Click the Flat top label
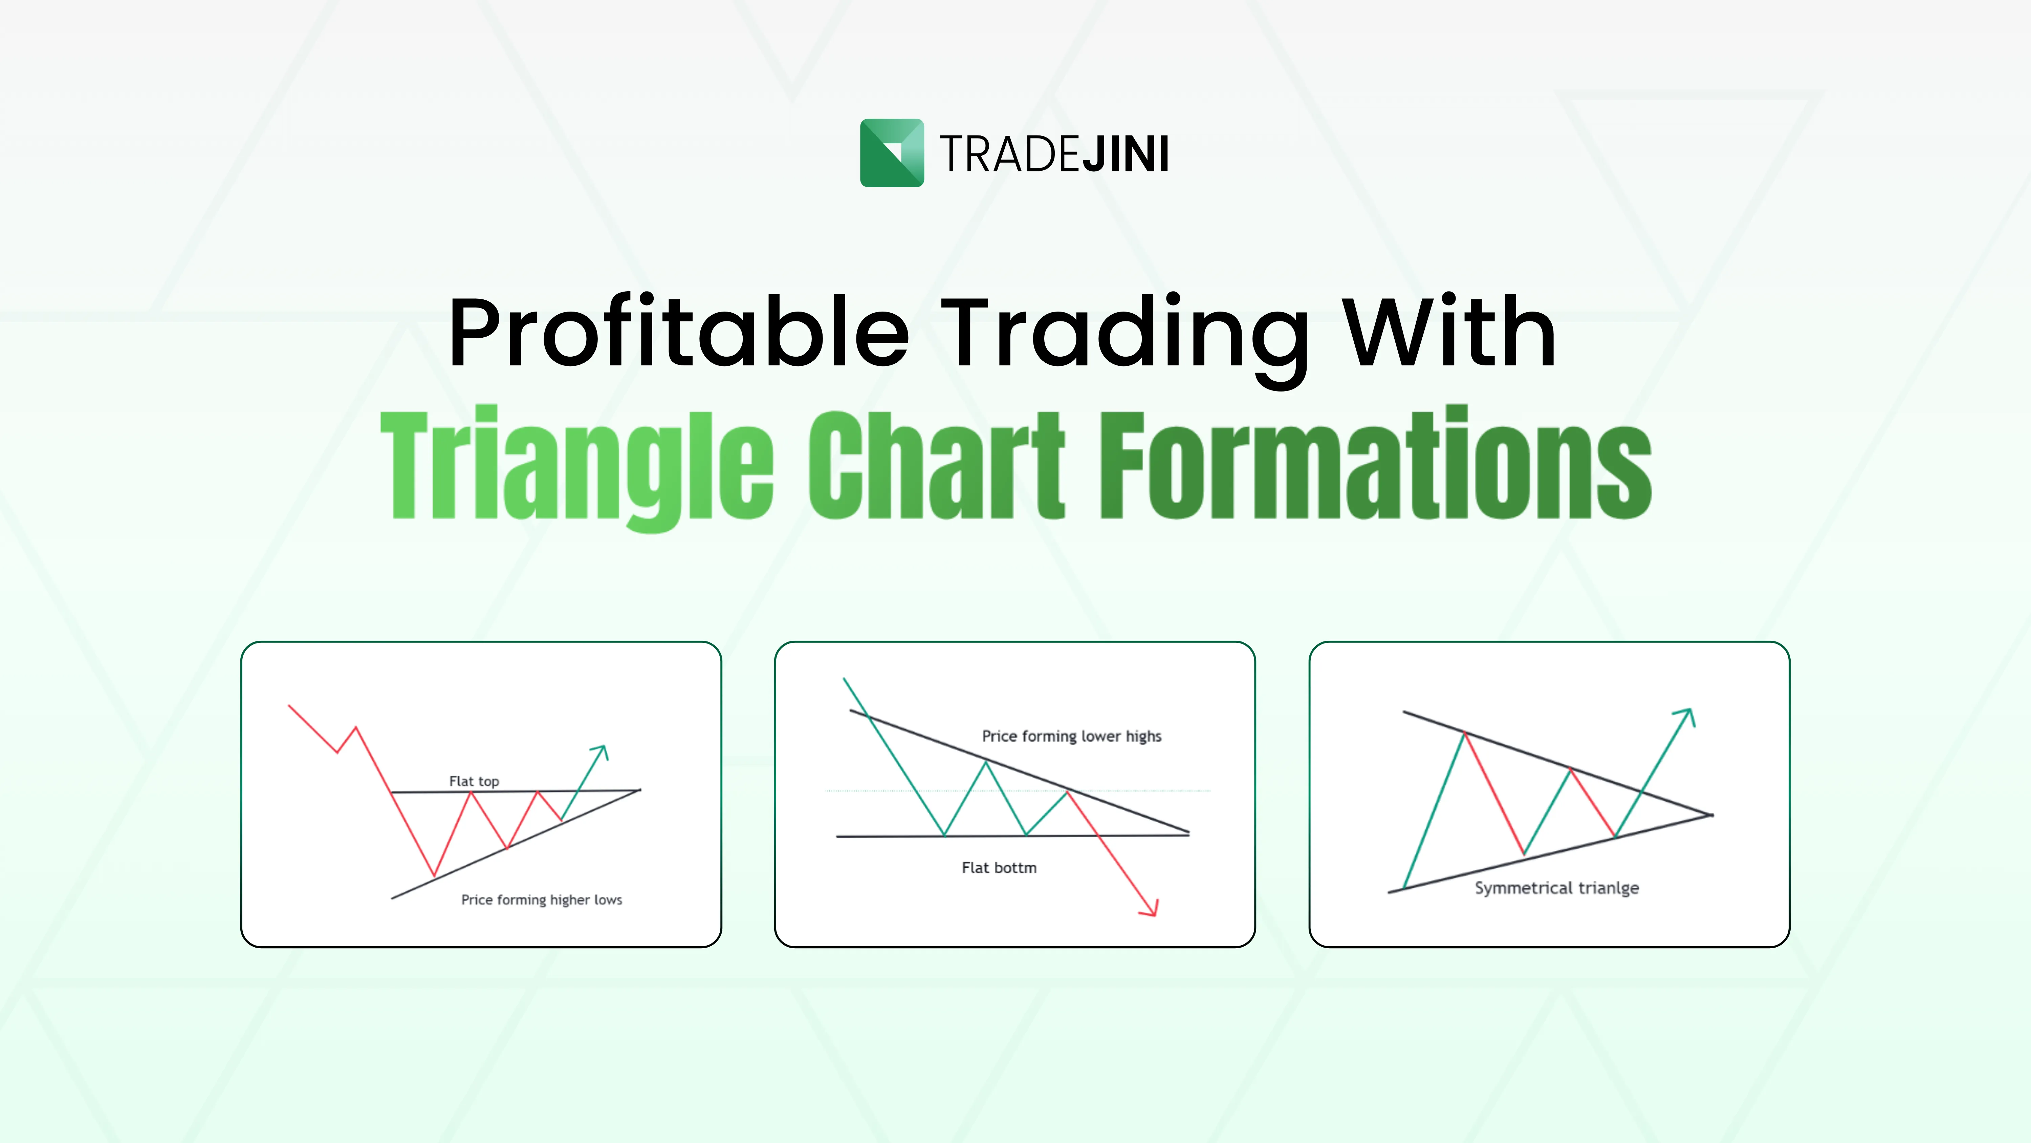pos(474,781)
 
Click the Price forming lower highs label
pos(1071,736)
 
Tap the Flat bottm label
pos(999,868)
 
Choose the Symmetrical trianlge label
pos(1556,888)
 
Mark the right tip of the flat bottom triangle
pos(1188,833)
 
